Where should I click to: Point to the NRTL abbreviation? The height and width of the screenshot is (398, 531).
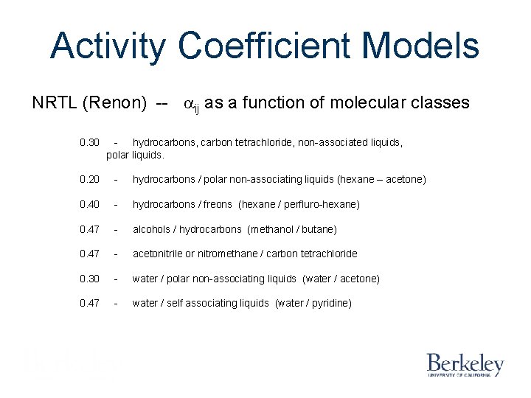tap(55, 103)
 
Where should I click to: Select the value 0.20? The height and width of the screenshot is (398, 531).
tap(89, 179)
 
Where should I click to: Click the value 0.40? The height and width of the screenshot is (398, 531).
tap(89, 204)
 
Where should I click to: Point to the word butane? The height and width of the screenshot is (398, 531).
tap(318, 229)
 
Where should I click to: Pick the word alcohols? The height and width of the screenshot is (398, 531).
tap(152, 229)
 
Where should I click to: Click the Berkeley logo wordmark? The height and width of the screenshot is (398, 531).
tap(465, 363)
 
